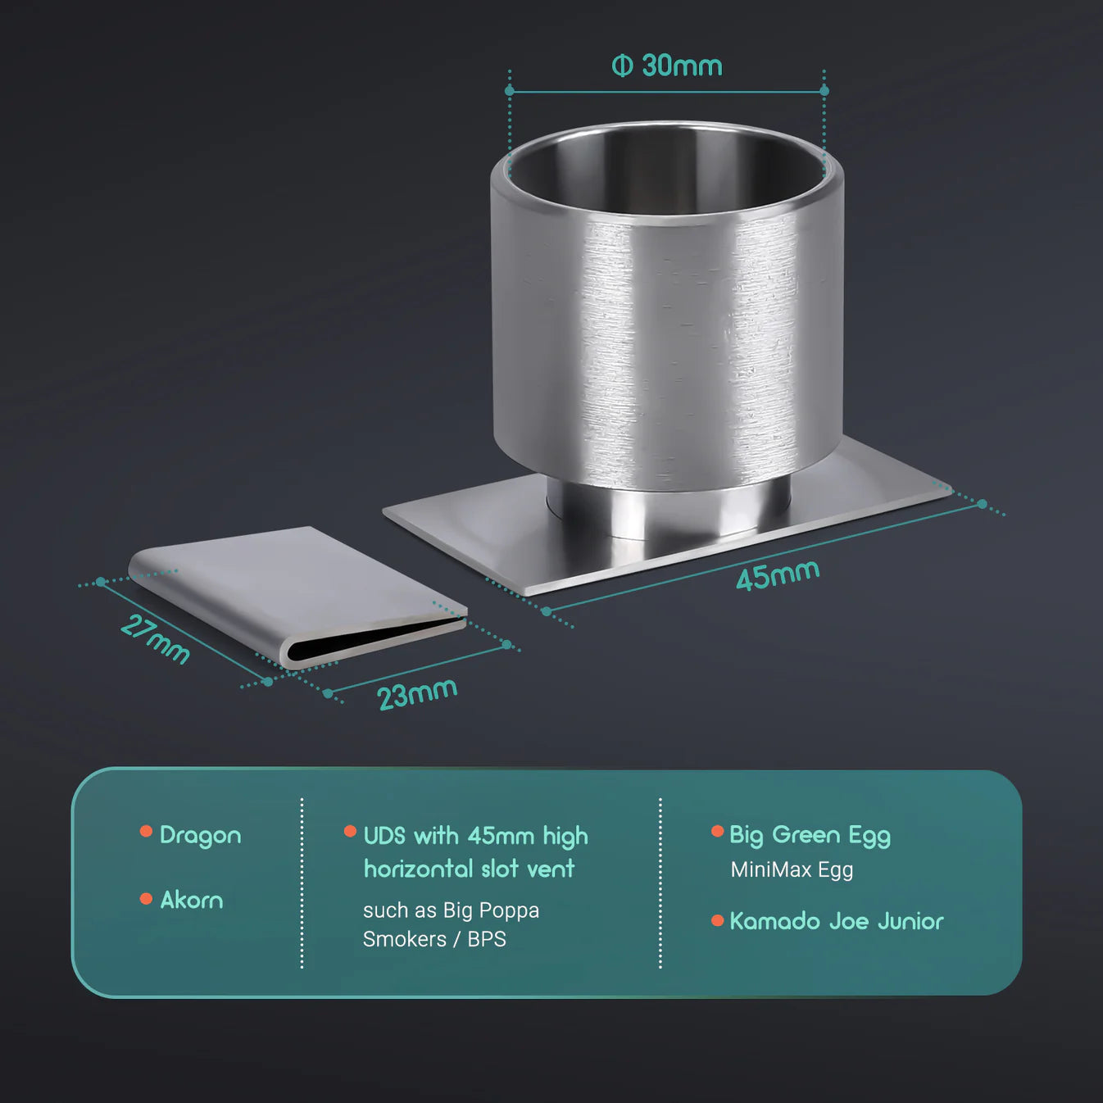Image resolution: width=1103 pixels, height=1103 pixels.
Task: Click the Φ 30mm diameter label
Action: [667, 66]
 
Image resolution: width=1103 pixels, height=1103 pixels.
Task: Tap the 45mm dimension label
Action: [778, 574]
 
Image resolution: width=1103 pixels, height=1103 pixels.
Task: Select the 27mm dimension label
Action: [155, 639]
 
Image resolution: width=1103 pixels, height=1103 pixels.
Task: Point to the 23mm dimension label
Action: [417, 694]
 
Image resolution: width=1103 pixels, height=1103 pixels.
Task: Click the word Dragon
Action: [200, 835]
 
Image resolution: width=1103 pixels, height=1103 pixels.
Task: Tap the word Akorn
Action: [192, 901]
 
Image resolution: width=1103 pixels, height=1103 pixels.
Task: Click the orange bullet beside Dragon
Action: [146, 831]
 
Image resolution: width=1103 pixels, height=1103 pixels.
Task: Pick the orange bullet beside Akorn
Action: [146, 899]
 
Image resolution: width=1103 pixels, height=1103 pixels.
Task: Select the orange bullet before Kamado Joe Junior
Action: [717, 920]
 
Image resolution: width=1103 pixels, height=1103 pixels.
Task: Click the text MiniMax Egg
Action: [792, 870]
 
